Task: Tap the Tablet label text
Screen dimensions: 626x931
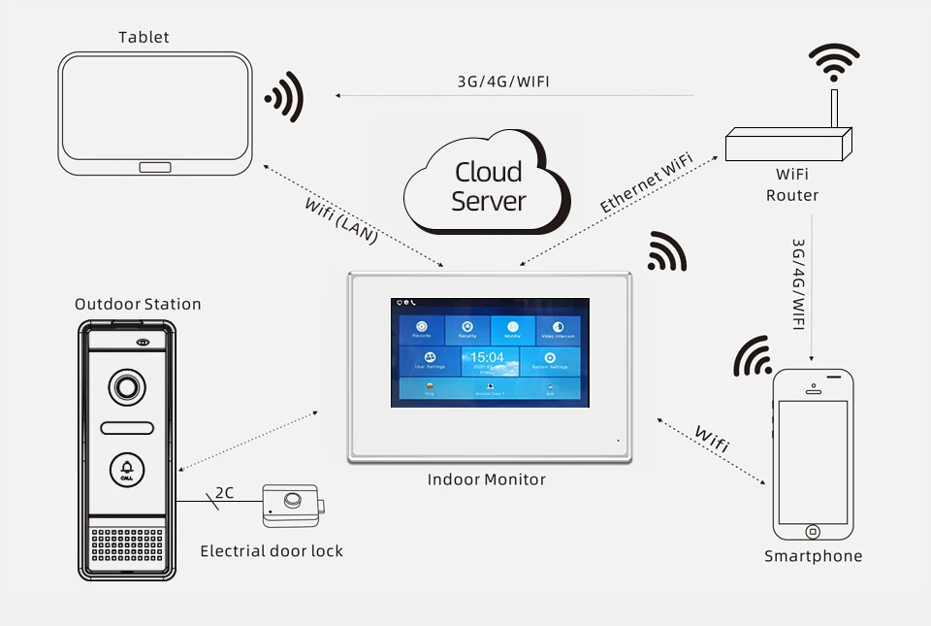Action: (x=144, y=37)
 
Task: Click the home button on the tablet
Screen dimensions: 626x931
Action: (x=155, y=166)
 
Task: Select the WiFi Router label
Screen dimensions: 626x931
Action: (x=791, y=185)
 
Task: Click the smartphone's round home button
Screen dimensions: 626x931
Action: (x=813, y=531)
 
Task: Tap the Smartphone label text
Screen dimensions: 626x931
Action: (x=813, y=556)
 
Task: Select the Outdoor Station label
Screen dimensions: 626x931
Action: (x=138, y=304)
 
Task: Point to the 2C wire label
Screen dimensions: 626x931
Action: (x=224, y=493)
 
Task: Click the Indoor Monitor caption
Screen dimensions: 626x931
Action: (x=487, y=479)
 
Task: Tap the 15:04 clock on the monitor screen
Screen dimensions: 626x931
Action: (x=489, y=358)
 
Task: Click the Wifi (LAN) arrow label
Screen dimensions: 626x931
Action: (x=340, y=219)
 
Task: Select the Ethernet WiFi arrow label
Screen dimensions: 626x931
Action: (x=647, y=182)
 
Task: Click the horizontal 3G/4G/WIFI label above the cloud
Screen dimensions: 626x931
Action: (x=503, y=82)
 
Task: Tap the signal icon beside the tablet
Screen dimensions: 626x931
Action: (x=285, y=97)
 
